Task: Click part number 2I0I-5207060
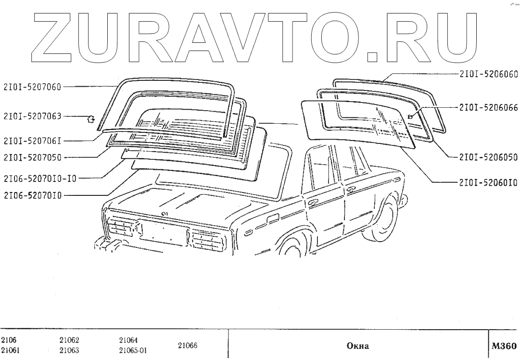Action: (33, 88)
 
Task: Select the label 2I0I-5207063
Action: (33, 116)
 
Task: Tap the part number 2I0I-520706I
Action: (33, 141)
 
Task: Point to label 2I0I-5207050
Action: (33, 157)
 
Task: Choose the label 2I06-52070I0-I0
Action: (39, 178)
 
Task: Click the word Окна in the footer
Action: (357, 346)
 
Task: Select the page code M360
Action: (504, 346)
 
